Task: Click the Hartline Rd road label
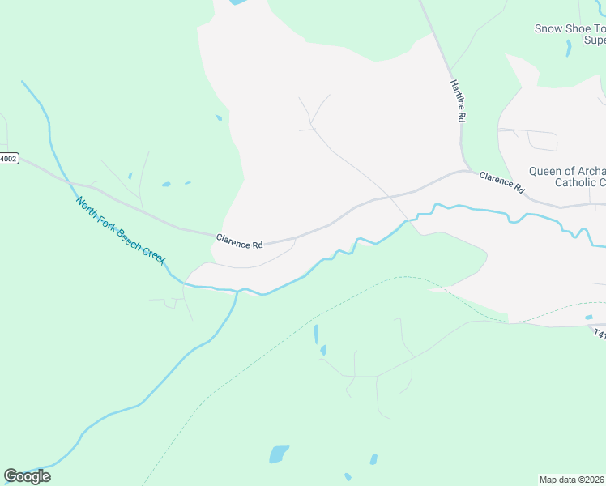459,101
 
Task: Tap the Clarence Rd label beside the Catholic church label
501,182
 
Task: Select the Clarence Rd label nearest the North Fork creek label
240,241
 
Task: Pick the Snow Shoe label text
562,29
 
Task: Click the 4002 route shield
7,159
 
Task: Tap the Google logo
27,476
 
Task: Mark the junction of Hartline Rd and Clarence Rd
463,170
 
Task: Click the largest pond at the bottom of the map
278,454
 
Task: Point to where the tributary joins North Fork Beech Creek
237,292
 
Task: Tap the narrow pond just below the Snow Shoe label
568,49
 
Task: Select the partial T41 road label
599,333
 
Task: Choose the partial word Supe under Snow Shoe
595,40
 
